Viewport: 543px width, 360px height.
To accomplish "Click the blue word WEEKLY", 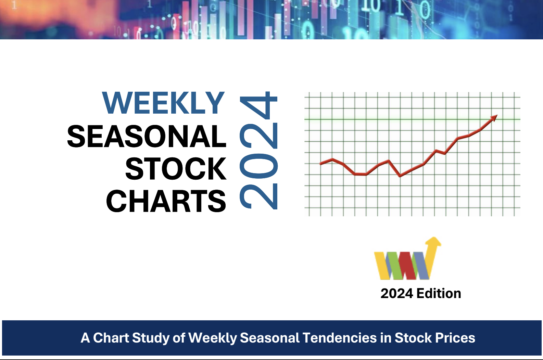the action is (163, 103).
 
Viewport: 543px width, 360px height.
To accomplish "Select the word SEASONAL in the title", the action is (147, 136).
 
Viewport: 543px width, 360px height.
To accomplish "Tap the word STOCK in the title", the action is (176, 168).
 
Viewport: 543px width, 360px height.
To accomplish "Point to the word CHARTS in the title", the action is (166, 201).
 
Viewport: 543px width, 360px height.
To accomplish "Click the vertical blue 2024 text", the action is (258, 150).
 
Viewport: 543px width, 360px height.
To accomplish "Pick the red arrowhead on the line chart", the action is (494, 118).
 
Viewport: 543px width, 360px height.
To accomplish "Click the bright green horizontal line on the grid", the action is (412, 119).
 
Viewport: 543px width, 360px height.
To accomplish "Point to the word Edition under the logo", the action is (439, 294).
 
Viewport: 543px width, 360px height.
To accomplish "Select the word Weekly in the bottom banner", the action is (212, 338).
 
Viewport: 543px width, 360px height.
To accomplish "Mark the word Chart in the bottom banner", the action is (111, 338).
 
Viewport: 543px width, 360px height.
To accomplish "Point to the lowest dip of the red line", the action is (400, 176).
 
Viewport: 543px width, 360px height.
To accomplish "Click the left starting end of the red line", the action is (321, 164).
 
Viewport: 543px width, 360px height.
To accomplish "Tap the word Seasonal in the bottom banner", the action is (269, 338).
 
